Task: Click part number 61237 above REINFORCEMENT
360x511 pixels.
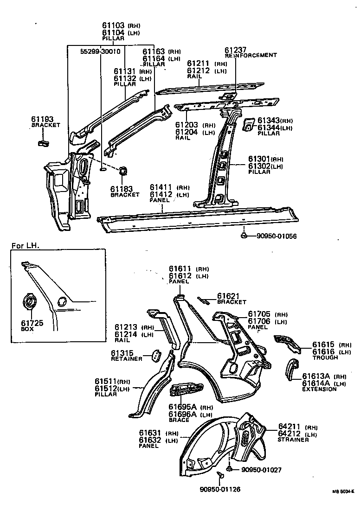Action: [x=236, y=50]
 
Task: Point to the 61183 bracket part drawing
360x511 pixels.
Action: [x=124, y=171]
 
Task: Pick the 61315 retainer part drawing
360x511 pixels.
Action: [x=154, y=356]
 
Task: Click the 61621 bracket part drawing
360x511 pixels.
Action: [x=203, y=300]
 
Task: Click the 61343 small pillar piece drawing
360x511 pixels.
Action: [x=248, y=123]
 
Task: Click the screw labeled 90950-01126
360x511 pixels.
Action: [x=220, y=474]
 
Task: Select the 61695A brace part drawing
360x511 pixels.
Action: [x=187, y=390]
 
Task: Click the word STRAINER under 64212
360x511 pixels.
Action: [x=293, y=440]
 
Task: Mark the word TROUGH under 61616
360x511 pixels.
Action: [x=325, y=358]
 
